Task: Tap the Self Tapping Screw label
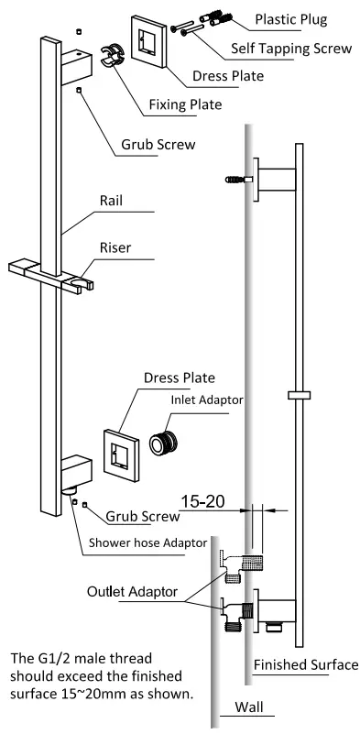tap(292, 54)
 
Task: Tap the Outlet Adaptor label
tap(134, 592)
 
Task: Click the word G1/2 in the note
tap(53, 658)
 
